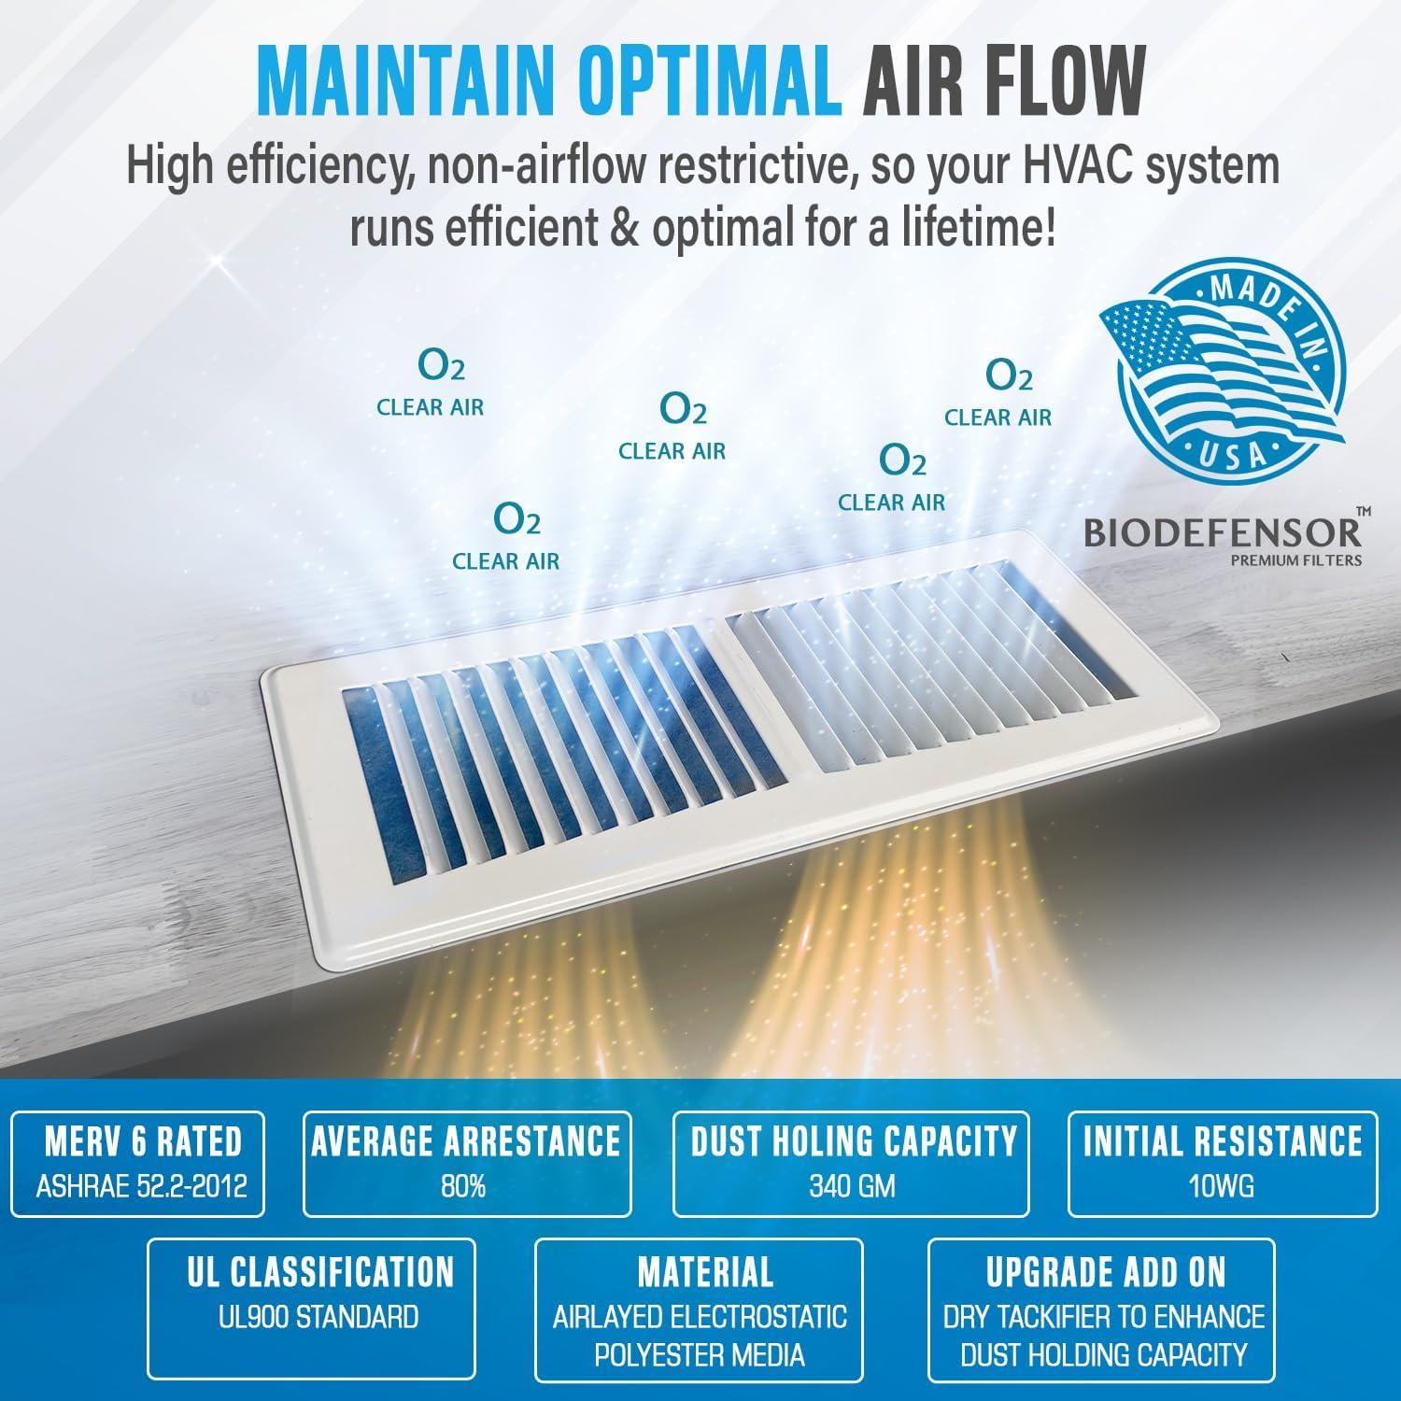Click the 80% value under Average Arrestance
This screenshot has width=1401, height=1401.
pos(465,1187)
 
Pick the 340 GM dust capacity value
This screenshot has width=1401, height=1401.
pos(852,1187)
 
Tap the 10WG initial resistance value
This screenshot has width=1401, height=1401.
pos(1222,1187)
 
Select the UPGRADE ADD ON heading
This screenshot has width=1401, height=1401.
pos(1106,1272)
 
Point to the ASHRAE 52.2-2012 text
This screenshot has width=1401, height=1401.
pos(142,1187)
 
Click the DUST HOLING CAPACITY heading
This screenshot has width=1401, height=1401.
pos(853,1141)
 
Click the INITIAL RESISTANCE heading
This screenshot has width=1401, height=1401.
pos(1222,1141)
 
